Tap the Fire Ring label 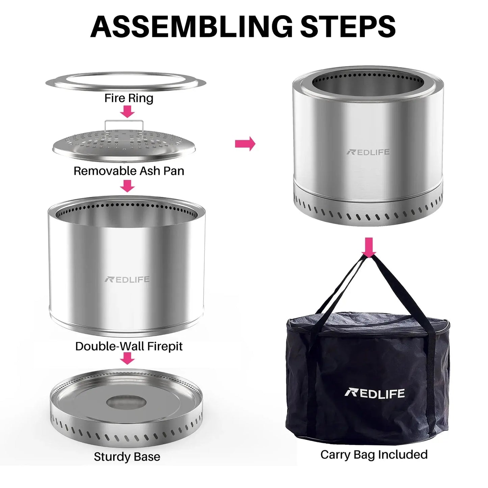[129, 98]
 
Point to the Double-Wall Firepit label [129, 346]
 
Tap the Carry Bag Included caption [374, 455]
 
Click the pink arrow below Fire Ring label [127, 111]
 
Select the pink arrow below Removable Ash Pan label [127, 186]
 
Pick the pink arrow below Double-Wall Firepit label [127, 358]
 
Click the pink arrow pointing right [245, 144]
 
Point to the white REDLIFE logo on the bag [374, 393]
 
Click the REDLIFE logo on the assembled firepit [368, 152]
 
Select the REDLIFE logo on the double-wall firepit [127, 279]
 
